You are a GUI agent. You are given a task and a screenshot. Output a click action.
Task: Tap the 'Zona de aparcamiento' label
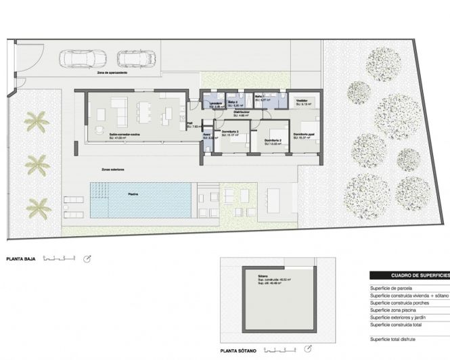coord(111,72)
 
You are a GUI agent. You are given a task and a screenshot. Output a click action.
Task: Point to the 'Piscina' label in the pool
coord(134,194)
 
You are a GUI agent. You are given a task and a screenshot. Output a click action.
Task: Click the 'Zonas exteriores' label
coord(112,168)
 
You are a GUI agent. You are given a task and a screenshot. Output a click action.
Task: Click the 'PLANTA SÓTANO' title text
coord(240,351)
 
